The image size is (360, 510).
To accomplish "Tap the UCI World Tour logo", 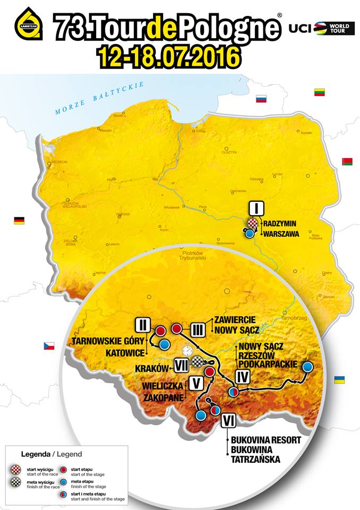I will point(321,28).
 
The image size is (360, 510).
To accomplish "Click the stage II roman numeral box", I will point(143,324).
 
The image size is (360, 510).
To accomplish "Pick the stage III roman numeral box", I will point(198,330).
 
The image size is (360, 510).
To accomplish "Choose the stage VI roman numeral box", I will point(228,421).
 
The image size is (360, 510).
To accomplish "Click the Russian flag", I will point(261,99).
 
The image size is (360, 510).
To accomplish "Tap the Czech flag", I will point(49,346).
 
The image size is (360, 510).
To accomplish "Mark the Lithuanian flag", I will point(319,92).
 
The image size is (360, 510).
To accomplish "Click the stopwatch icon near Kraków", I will point(186,350).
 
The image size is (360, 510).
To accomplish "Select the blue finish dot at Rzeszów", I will point(307,367).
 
